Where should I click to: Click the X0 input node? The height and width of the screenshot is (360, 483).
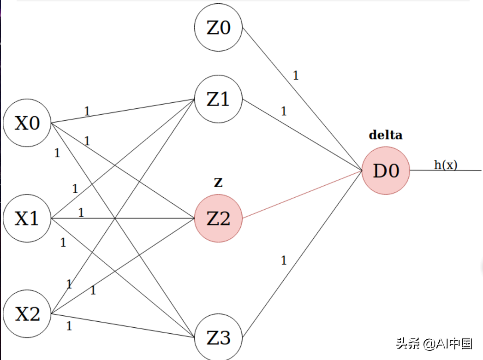(x=27, y=124)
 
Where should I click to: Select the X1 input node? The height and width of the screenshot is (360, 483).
(x=27, y=218)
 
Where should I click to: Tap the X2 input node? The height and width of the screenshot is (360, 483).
(x=27, y=314)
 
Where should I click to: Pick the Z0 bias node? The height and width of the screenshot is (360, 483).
(x=218, y=28)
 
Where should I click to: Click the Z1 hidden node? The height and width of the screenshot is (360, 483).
(x=218, y=99)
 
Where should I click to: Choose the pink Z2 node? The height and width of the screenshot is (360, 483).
(x=218, y=218)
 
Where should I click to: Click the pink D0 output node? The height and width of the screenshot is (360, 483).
(x=386, y=171)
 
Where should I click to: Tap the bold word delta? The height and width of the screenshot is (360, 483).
(x=386, y=135)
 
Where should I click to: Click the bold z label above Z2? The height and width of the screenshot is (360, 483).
(x=218, y=183)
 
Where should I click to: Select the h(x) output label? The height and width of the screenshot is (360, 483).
(x=446, y=165)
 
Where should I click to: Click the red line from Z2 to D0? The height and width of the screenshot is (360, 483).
(x=302, y=194)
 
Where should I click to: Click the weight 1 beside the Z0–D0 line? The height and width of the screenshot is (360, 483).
(x=296, y=76)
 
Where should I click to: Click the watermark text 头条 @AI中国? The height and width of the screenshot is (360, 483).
(x=434, y=343)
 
